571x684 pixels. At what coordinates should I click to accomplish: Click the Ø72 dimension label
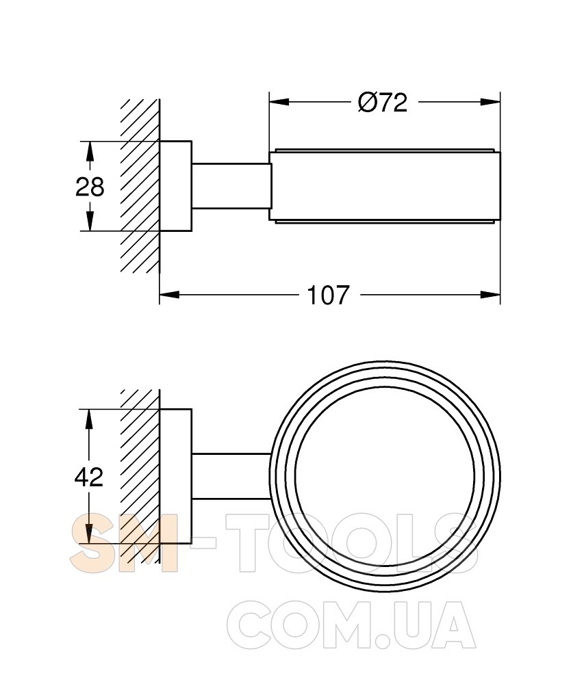point(383,103)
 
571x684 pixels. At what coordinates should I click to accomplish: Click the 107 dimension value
point(329,295)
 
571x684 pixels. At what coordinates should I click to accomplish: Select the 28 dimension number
point(90,187)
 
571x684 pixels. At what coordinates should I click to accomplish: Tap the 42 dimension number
point(89,477)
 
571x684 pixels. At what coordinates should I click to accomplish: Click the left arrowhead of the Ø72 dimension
point(279,102)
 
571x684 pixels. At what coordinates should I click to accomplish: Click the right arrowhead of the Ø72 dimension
point(490,102)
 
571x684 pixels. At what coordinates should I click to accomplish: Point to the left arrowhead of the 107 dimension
point(169,295)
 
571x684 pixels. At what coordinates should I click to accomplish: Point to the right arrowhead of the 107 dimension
point(490,295)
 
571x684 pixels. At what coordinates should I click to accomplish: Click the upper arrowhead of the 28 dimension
point(90,151)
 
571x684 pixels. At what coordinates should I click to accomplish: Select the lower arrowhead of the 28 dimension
point(90,221)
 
